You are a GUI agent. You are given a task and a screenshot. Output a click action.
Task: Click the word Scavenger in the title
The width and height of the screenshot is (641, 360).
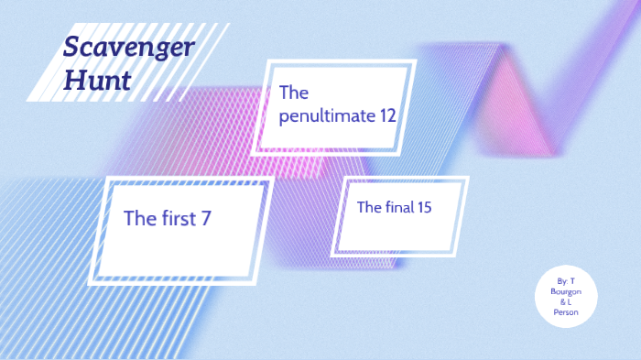128,47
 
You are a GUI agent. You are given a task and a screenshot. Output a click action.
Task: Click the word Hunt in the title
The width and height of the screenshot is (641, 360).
97,80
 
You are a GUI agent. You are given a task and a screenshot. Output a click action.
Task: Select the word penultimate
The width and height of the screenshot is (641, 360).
329,116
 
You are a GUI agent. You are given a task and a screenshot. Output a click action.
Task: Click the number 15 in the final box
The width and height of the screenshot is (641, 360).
423,207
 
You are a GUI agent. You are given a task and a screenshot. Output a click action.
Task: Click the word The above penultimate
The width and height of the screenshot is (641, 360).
294,93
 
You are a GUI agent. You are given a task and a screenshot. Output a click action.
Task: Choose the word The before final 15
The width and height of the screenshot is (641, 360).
369,207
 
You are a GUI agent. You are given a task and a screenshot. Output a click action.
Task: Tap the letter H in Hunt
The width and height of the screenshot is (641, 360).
73,80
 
